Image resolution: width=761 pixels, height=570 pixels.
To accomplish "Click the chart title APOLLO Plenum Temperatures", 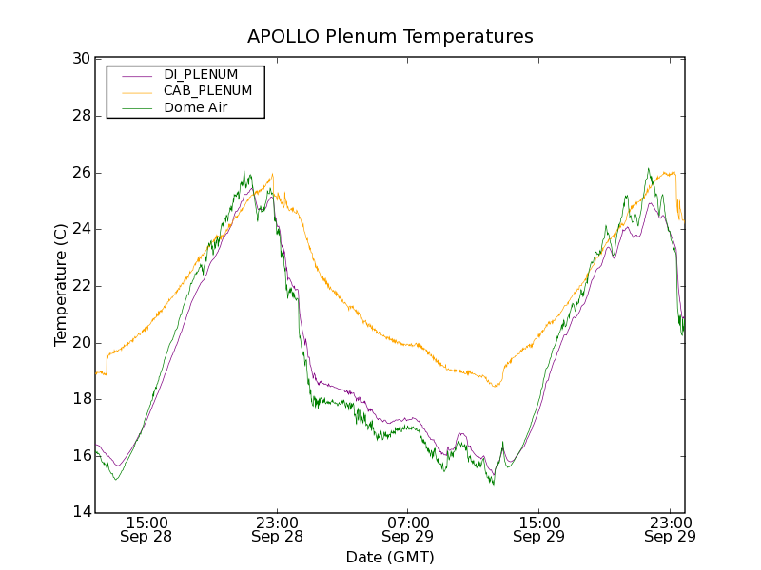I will [x=390, y=37].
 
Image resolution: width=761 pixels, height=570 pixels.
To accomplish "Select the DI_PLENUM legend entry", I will [x=201, y=74].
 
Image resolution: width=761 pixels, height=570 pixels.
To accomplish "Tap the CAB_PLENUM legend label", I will [x=207, y=91].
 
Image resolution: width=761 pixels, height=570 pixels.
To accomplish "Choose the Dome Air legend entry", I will [x=196, y=108].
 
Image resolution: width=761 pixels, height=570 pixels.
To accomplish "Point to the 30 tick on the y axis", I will [x=80, y=59].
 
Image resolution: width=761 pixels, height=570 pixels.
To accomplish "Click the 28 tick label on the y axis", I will [x=80, y=116].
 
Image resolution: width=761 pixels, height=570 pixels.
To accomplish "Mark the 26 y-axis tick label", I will [x=80, y=173].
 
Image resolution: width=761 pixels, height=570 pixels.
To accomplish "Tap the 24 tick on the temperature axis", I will [x=80, y=229].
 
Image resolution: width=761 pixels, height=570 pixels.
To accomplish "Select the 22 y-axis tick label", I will [x=80, y=286].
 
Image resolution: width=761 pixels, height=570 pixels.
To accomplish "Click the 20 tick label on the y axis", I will [x=80, y=342].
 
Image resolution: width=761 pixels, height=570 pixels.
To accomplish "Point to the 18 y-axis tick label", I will [x=80, y=399].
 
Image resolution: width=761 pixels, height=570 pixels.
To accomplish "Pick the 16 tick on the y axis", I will [x=80, y=456].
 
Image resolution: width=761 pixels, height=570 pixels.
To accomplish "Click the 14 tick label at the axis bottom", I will [x=80, y=512].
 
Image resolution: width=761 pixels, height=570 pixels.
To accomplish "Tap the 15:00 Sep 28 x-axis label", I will [x=146, y=529].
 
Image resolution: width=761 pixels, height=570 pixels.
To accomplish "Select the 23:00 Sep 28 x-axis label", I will [x=277, y=529].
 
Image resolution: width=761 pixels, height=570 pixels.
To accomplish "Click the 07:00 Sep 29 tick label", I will [x=408, y=529].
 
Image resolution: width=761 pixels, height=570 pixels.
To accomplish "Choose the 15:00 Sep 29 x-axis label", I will [x=538, y=529].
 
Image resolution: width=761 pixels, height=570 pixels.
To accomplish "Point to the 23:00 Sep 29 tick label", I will [x=669, y=529].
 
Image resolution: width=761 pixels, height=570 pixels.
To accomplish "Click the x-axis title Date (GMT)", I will [x=390, y=557].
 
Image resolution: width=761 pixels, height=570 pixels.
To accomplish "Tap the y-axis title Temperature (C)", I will [x=61, y=286].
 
